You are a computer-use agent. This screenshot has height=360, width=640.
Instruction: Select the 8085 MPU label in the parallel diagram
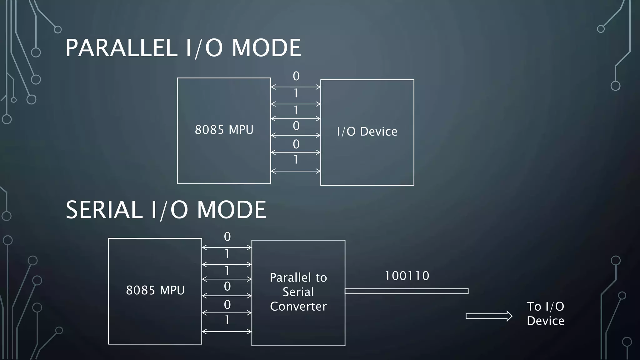coord(224,130)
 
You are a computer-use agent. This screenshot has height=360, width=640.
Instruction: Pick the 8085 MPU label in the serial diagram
coord(155,290)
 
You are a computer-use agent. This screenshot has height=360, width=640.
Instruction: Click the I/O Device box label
coord(367,132)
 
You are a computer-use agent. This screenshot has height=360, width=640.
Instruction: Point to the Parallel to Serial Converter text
coord(298,292)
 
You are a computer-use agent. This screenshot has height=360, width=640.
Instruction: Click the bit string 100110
coord(407,276)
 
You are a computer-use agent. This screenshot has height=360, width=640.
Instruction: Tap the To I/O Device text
coord(545,313)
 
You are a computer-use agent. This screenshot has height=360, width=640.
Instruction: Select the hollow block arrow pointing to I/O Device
coord(489,316)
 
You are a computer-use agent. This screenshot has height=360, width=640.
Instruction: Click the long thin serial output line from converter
coord(406,291)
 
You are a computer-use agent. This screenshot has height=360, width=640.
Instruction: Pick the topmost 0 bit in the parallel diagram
coord(296,76)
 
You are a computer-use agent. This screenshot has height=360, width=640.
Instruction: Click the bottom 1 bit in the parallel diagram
coord(296,160)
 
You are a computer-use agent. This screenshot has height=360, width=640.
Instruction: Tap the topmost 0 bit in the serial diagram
coord(227,237)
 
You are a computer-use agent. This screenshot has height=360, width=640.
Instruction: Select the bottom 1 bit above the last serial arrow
coord(227,320)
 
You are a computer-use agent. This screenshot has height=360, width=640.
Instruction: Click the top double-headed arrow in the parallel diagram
coord(295,87)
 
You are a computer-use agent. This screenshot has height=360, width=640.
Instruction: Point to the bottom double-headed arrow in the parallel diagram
coord(295,171)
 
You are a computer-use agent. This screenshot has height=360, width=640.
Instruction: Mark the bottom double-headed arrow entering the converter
coord(227,332)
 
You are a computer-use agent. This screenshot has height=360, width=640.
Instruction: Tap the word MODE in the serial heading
coord(231,210)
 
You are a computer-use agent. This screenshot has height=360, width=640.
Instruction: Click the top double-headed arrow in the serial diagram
coord(227,247)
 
